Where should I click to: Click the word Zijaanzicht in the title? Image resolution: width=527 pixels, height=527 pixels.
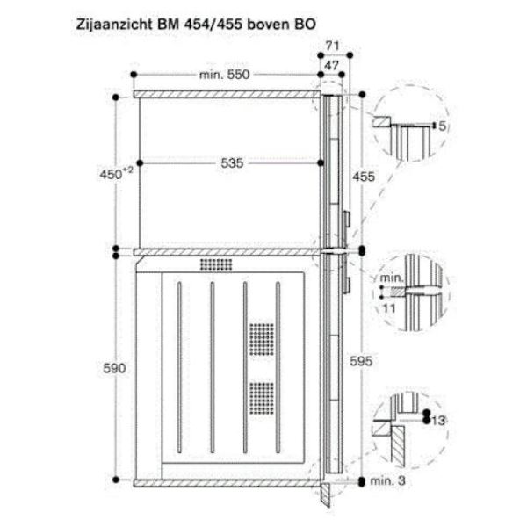pyautogui.click(x=114, y=25)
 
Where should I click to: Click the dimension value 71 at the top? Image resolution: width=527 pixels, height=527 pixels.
pyautogui.click(x=332, y=46)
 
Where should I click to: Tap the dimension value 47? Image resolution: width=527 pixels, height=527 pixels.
pyautogui.click(x=332, y=65)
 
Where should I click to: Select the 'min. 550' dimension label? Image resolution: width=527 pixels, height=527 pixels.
pyautogui.click(x=225, y=75)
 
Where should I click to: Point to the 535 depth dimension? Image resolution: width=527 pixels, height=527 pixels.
pyautogui.click(x=232, y=163)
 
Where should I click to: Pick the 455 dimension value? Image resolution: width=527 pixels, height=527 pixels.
pyautogui.click(x=364, y=177)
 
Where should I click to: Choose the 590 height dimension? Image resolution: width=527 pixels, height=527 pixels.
pyautogui.click(x=114, y=368)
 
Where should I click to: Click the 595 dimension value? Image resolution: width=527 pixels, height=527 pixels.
pyautogui.click(x=361, y=361)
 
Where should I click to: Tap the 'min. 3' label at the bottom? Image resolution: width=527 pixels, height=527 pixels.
pyautogui.click(x=387, y=481)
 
